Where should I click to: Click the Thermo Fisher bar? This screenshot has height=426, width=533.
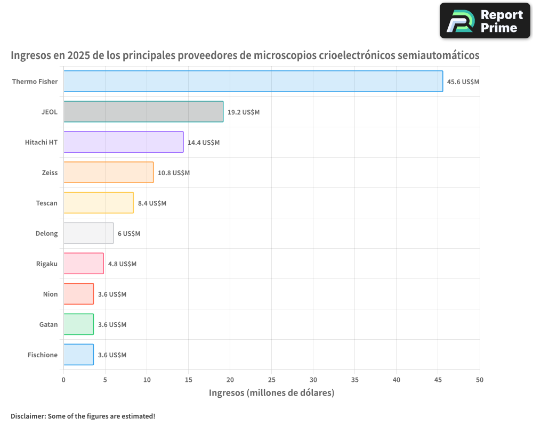[x=253, y=81]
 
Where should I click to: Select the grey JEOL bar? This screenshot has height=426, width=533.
[x=143, y=112]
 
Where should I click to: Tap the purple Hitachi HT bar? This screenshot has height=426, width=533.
[x=123, y=142]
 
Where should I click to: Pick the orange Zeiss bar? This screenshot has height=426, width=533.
[x=108, y=173]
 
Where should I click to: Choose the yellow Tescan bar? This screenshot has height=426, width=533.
[x=98, y=203]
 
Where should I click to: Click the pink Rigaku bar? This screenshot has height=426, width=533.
[x=83, y=264]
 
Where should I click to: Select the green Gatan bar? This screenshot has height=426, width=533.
[x=78, y=324]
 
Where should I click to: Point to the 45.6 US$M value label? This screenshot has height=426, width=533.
[x=463, y=82]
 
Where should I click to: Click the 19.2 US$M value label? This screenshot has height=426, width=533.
[x=244, y=112]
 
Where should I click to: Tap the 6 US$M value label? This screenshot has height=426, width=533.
[x=129, y=234]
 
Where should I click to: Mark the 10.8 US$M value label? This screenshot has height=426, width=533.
[x=174, y=173]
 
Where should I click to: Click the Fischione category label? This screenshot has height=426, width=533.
[x=43, y=355]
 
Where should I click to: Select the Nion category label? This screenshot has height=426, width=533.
[x=50, y=294]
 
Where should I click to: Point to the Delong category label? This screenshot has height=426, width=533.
[x=46, y=233]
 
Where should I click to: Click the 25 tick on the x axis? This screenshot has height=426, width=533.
[x=271, y=380]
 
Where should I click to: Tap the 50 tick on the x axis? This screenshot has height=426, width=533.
[x=480, y=380]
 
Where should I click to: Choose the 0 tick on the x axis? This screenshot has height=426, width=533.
[x=63, y=380]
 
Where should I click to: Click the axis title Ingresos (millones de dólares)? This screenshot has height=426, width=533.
[x=271, y=393]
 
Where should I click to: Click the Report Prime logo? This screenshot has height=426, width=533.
[x=485, y=21]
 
